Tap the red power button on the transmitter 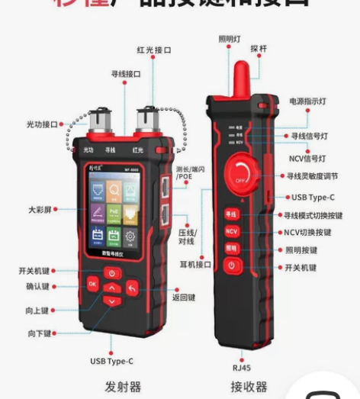pos(112,273)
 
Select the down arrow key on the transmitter pos(112,301)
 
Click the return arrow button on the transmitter pos(132,288)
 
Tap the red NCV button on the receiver pos(232,230)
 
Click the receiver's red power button pos(232,265)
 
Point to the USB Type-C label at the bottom pos(111,361)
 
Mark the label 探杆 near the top pos(259,48)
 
